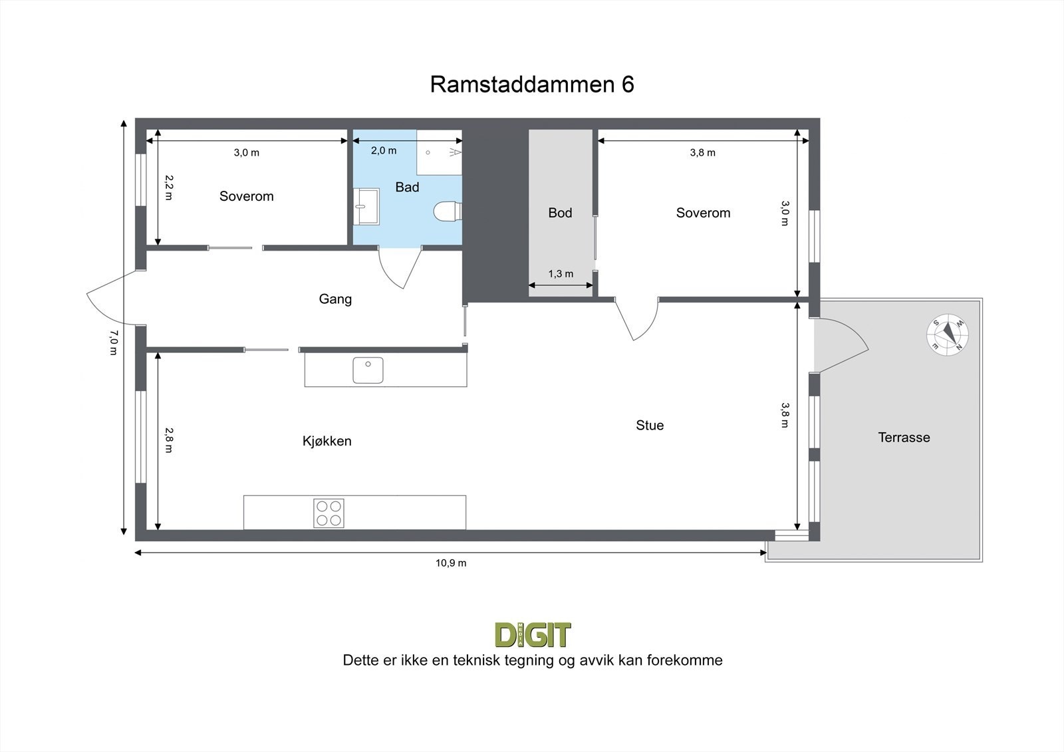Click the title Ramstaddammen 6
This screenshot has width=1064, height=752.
tap(532, 84)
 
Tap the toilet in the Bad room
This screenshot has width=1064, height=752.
tap(447, 211)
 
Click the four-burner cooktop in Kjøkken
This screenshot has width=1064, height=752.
tap(329, 513)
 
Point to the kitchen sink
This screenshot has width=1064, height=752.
tap(368, 370)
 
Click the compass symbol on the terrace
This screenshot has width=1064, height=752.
tap(948, 334)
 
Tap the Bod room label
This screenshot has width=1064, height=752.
tap(560, 213)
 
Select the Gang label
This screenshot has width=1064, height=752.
tap(335, 299)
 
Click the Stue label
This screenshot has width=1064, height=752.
tap(650, 426)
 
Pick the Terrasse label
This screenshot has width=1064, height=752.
tap(904, 438)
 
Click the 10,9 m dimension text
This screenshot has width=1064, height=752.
tap(451, 563)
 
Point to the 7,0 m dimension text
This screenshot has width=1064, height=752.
tap(113, 342)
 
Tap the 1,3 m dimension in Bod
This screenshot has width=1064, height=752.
tap(561, 274)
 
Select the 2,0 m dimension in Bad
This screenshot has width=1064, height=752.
tap(384, 151)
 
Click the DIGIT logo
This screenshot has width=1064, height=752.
tap(533, 635)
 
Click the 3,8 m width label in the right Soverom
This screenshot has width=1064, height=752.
tap(703, 153)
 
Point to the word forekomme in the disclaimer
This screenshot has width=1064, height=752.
tap(688, 660)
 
